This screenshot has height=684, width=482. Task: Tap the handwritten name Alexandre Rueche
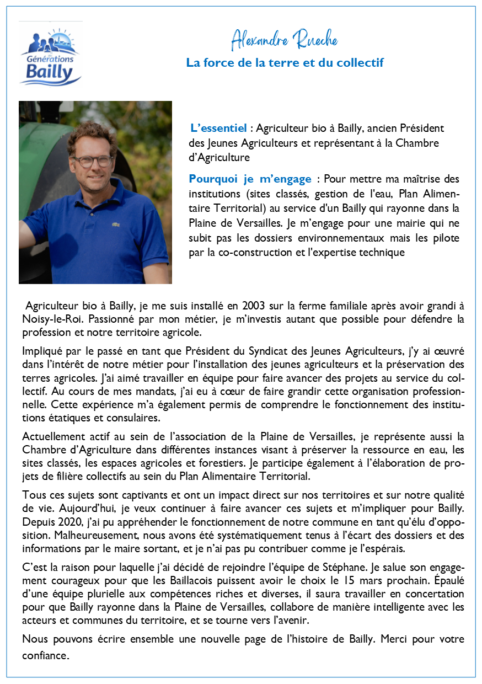coord(284,40)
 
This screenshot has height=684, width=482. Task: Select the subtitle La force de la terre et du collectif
coord(285,63)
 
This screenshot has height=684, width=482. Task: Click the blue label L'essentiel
coord(218,129)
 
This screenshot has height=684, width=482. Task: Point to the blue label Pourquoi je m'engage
coord(250,179)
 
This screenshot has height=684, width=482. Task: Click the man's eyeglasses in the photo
coord(92,161)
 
